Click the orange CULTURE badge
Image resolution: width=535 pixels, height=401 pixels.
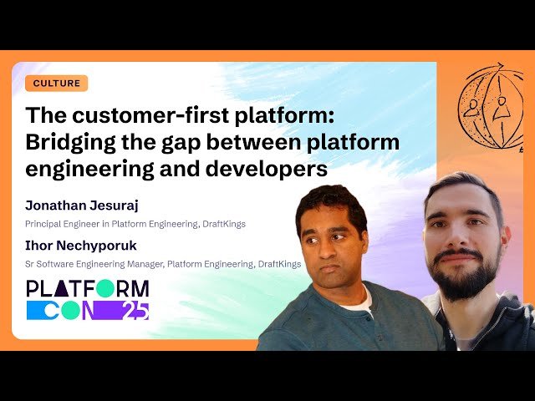click(x=57, y=84)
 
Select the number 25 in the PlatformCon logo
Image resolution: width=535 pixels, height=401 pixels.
click(x=135, y=310)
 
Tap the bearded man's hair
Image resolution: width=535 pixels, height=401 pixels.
click(x=460, y=185)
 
